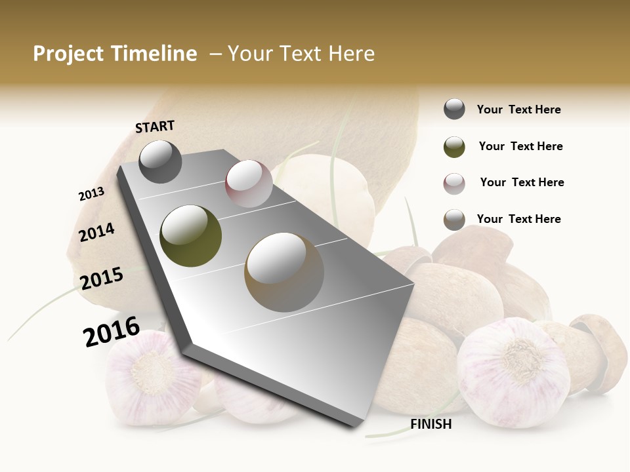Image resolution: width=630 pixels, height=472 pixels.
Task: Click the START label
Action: (155, 127)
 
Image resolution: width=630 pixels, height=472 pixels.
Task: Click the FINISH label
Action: (430, 424)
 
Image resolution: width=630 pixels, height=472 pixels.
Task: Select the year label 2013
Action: (91, 194)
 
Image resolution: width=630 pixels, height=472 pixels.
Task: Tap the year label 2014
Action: (96, 233)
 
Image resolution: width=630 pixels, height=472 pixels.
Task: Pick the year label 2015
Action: (102, 279)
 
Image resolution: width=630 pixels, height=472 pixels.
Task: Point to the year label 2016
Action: (112, 331)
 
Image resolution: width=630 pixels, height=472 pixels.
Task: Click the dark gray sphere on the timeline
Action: (160, 162)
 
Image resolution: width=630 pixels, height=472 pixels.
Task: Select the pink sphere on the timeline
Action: (249, 184)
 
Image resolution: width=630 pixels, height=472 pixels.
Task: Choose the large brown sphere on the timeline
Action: (284, 272)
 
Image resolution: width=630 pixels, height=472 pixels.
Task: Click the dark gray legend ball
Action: (454, 109)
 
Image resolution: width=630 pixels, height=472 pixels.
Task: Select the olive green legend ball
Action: (454, 147)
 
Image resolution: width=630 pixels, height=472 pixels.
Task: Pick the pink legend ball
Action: (454, 184)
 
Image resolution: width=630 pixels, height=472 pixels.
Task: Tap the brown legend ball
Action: (454, 220)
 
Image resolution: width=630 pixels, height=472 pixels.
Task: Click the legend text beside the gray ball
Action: (518, 110)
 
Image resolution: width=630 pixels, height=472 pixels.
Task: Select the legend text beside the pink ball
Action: (522, 182)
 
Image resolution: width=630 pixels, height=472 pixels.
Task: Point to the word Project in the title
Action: (69, 54)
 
